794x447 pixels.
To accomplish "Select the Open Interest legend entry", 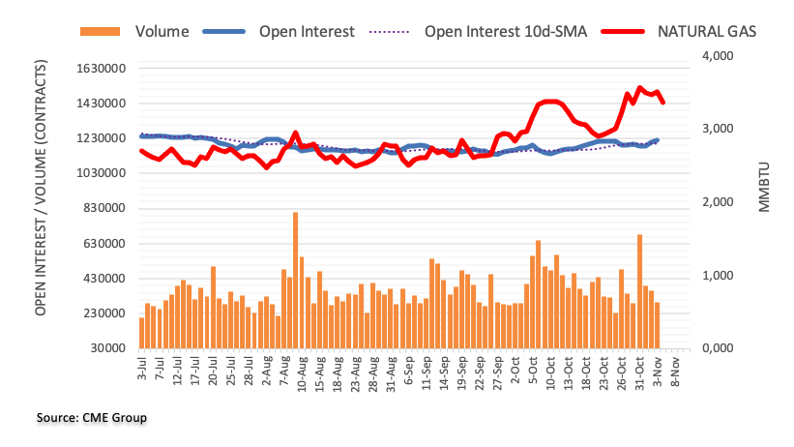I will [307, 32].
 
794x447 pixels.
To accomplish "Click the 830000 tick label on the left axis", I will [103, 208].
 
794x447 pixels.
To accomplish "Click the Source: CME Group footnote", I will [92, 418].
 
